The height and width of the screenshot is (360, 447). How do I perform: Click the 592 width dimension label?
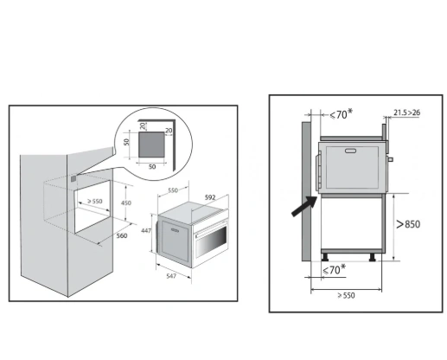tap(210, 197)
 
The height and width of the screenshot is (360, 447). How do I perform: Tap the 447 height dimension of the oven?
tap(146, 230)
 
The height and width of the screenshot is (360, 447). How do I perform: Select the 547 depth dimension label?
tap(171, 276)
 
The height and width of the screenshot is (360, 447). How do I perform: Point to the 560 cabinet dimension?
tap(122, 235)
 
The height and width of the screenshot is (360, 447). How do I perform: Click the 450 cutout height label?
tap(126, 202)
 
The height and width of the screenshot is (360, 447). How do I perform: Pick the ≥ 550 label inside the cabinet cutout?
tap(95, 201)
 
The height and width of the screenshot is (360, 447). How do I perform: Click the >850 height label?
tap(408, 224)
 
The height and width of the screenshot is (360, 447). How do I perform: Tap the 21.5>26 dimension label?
tap(407, 112)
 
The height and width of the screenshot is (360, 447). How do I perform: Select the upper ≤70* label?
tap(341, 114)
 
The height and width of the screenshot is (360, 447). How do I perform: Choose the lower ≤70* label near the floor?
tap(334, 270)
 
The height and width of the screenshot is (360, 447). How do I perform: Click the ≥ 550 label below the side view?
tap(346, 295)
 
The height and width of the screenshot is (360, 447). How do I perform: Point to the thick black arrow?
tap(304, 206)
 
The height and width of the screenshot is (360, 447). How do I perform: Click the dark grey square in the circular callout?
tap(151, 145)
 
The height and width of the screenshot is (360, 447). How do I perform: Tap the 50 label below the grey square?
tap(152, 167)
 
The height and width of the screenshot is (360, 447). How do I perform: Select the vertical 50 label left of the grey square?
tap(126, 142)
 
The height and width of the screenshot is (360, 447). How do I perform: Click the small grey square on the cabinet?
tap(73, 179)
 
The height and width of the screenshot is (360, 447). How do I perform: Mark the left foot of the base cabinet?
tap(325, 257)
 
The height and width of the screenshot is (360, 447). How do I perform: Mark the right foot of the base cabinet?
tap(373, 257)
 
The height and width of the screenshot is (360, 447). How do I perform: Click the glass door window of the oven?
tap(212, 241)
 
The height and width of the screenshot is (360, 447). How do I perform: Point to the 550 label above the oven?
tap(173, 190)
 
